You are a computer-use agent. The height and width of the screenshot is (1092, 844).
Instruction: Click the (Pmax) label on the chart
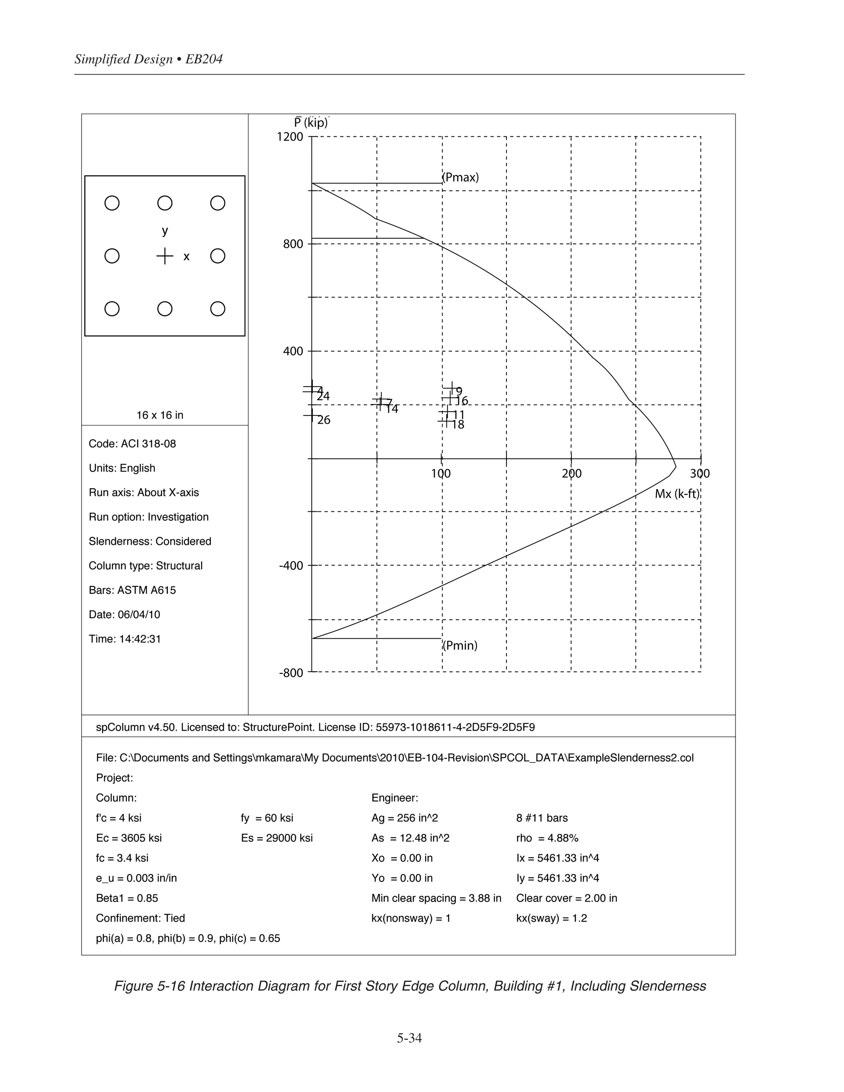460,178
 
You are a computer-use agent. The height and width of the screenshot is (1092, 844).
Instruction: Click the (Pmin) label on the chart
460,645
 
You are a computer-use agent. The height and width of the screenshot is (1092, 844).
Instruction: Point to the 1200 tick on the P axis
290,137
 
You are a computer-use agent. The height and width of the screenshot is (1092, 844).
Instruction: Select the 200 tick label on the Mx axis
572,473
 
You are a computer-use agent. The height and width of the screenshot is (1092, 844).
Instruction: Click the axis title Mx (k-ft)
677,494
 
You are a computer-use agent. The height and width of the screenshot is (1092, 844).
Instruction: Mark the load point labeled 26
312,415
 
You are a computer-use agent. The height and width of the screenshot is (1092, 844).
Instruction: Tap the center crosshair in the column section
164,256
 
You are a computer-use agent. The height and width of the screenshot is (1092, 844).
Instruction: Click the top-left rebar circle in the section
112,203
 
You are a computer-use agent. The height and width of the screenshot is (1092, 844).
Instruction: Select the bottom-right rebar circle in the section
218,309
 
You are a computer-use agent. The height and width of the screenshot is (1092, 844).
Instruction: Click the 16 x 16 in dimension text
160,415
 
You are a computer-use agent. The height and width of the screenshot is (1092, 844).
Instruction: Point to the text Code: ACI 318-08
133,444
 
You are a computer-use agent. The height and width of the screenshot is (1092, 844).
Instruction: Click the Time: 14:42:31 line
125,639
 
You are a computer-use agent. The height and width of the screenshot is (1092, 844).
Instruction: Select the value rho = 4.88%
547,838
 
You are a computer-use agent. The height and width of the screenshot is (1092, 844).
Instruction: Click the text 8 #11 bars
542,818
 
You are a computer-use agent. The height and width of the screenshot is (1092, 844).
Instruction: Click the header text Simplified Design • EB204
148,59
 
